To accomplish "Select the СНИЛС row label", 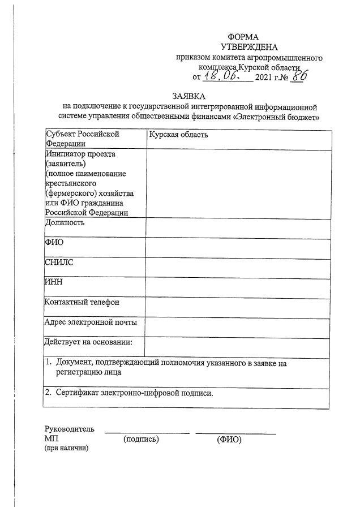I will click(x=59, y=262).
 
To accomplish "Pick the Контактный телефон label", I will click(x=82, y=302).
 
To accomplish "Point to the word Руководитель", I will click(x=70, y=429).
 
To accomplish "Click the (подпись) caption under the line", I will click(x=141, y=439).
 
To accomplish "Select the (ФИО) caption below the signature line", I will click(x=229, y=439).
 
